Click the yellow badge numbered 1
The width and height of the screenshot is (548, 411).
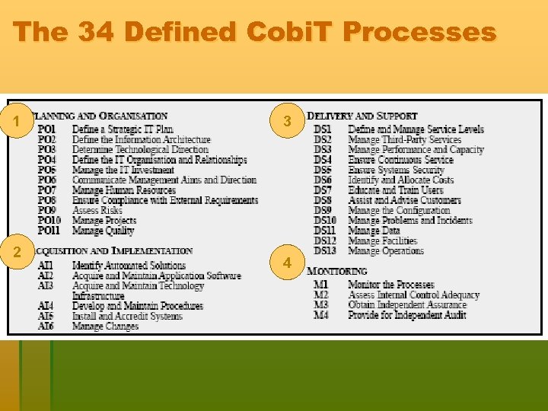coord(17,121)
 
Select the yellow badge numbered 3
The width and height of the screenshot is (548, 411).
coord(287,121)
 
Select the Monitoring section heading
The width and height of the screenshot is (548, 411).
coord(337,271)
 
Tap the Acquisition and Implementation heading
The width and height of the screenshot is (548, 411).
coord(115,251)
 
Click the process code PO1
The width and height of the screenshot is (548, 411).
coord(47,129)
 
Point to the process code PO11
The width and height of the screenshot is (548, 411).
coord(49,231)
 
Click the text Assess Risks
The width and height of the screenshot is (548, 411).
coord(97,210)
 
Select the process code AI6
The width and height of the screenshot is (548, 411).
coord(46,326)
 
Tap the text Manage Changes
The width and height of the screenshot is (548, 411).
coord(105,326)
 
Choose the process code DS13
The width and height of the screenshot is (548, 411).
coord(325,250)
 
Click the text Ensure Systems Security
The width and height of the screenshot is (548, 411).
coord(396,170)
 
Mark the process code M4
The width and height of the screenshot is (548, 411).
coord(321,314)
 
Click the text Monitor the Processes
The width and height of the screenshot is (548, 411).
coord(391,285)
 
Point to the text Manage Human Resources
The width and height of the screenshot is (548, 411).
coord(124,190)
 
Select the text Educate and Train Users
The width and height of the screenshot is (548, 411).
coord(395,190)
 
